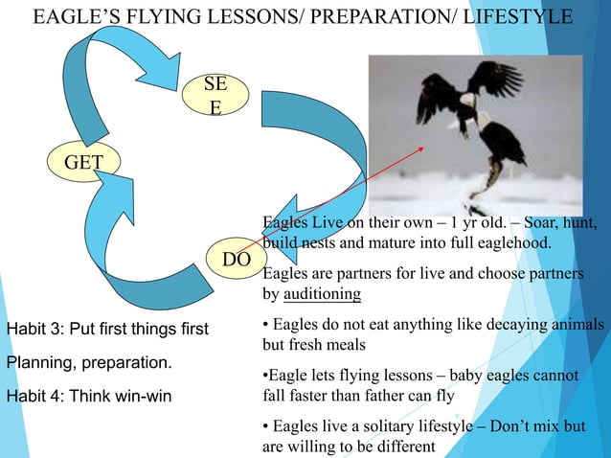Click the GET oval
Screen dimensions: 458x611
(x=83, y=164)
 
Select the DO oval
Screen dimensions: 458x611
(x=231, y=261)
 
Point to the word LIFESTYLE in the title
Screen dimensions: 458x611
(x=518, y=18)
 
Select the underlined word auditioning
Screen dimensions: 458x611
(x=320, y=293)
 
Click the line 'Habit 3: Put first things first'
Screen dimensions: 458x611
(x=106, y=331)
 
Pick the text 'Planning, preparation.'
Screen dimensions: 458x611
(x=89, y=364)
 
